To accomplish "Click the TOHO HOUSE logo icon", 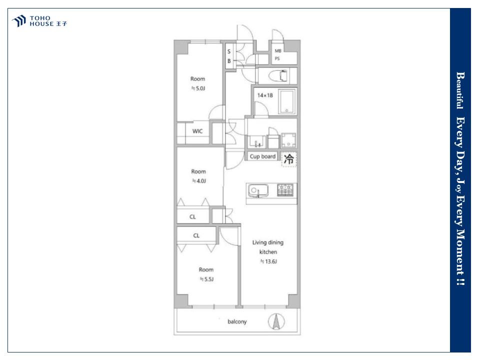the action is coord(18,21).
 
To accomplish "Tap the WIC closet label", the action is coord(197,131).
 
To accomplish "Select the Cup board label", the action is coord(262,156).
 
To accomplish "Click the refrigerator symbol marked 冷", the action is coord(289,159).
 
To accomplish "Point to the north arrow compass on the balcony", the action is coord(276,321).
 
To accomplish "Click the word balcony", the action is coord(237,321).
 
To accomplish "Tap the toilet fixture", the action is coord(278,75).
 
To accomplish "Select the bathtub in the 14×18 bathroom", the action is coord(287,101).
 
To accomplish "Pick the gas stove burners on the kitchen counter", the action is coord(285,190).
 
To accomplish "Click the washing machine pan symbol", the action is coord(288,140).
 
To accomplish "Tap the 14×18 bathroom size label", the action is coord(265,95).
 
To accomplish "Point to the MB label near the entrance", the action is coord(278,51).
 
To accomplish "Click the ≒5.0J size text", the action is coord(198,88).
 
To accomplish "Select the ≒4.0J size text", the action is coord(199,181).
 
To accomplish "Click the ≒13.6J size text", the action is coord(268,261).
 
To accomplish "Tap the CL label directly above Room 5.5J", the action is coord(196,235).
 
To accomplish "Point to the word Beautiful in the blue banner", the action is coord(460,90).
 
